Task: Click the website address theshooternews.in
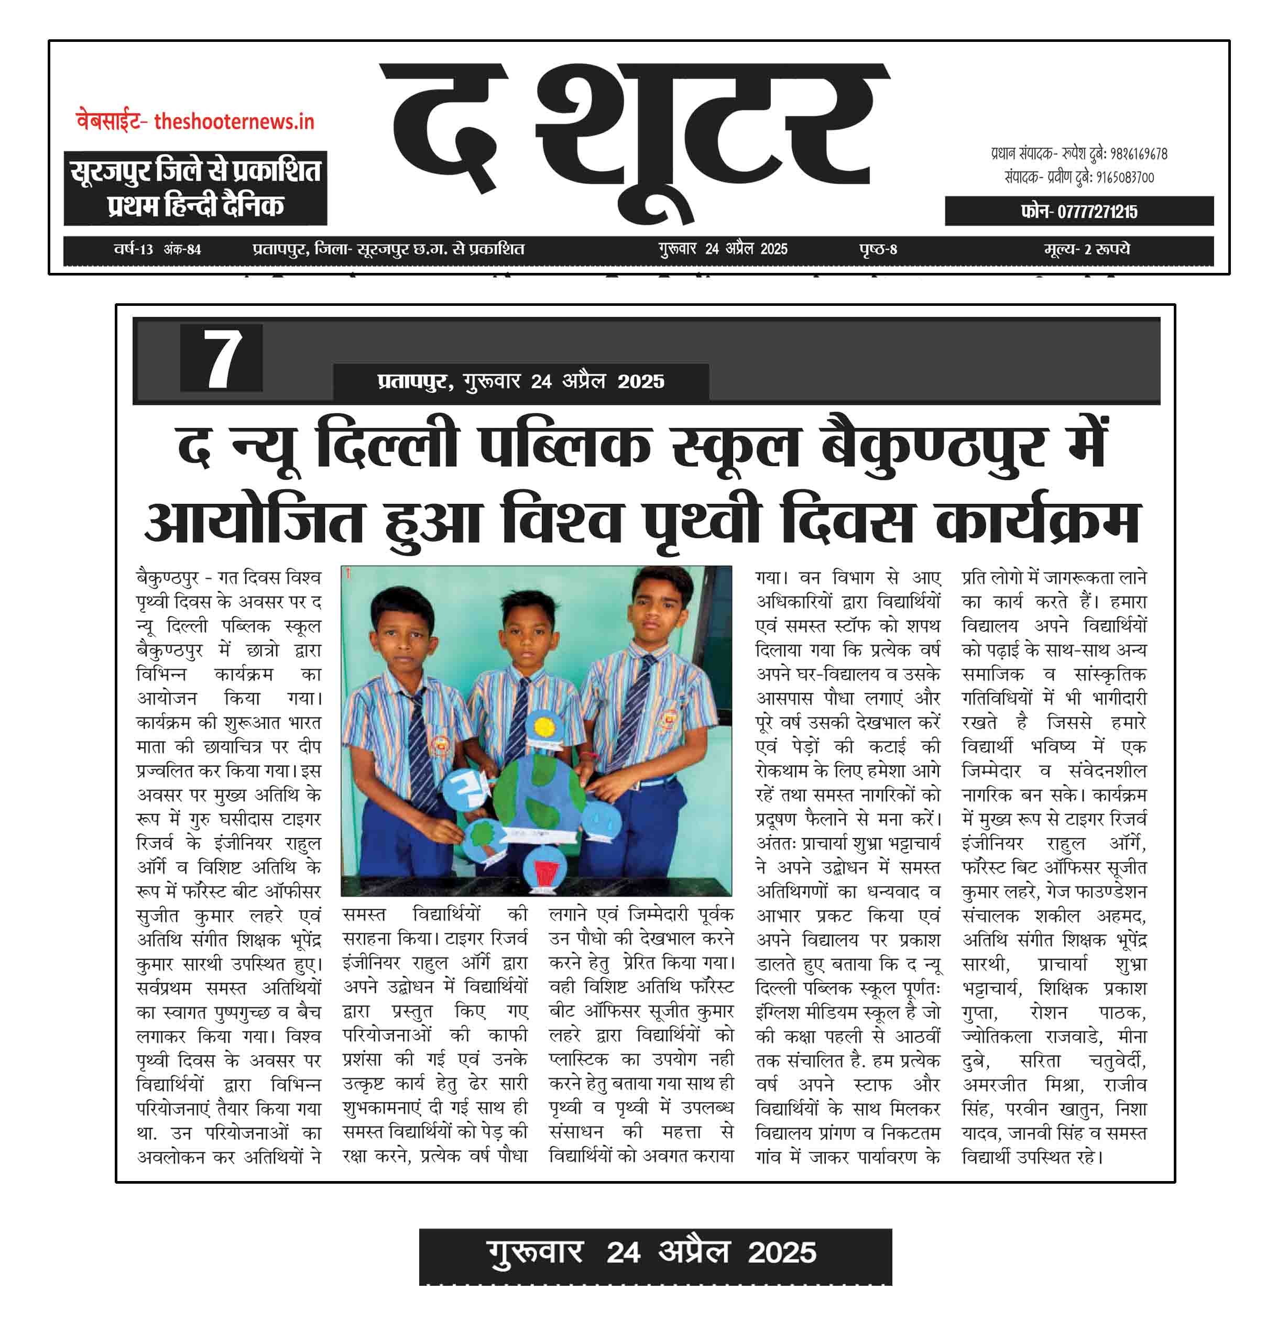click(x=234, y=122)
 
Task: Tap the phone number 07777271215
click(x=1078, y=212)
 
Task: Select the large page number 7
click(x=221, y=358)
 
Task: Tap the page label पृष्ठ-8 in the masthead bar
click(x=877, y=249)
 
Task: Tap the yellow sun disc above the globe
click(x=543, y=728)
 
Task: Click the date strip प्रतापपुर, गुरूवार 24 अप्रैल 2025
click(x=520, y=382)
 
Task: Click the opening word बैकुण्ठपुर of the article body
click(x=167, y=578)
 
